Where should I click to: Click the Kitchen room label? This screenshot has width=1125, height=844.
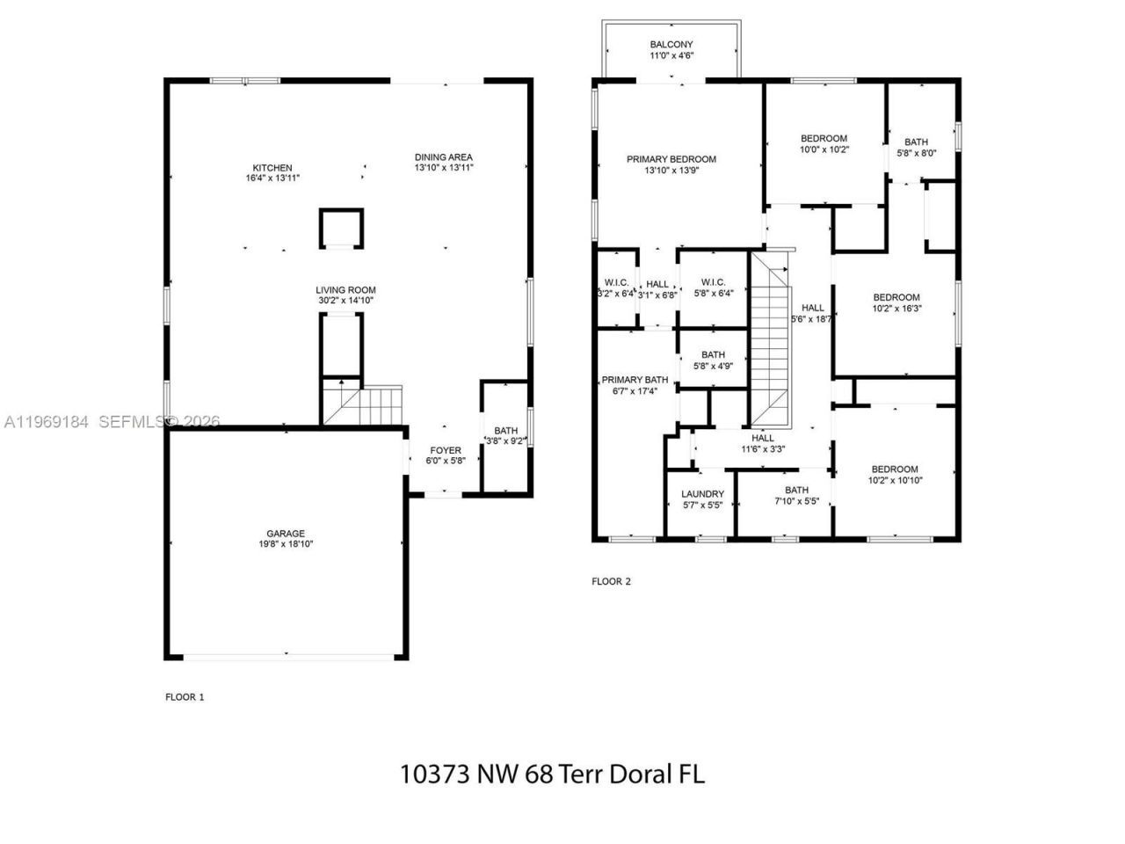(272, 168)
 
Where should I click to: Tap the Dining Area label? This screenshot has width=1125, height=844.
(443, 157)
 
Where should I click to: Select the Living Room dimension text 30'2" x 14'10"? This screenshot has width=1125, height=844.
(345, 301)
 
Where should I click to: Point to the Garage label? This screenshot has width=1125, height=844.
(286, 533)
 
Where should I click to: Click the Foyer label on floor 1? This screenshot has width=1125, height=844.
(445, 450)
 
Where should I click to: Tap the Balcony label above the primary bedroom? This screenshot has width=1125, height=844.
(671, 45)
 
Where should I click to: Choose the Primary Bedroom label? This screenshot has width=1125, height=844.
(671, 159)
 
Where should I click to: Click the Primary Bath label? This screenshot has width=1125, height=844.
(635, 380)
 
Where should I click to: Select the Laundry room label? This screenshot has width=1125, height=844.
(702, 494)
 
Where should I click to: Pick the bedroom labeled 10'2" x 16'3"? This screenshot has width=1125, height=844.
(896, 297)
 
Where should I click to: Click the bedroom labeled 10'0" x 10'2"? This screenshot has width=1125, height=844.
(824, 138)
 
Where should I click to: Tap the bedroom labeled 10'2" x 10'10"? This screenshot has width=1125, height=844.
(895, 469)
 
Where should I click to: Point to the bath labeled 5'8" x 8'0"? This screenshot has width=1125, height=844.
(916, 142)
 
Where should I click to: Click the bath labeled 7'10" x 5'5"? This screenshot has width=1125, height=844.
(796, 491)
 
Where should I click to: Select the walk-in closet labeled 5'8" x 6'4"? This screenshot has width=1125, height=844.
(713, 282)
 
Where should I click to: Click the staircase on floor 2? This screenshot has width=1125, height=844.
(771, 338)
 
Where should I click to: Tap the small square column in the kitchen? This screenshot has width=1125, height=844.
(341, 229)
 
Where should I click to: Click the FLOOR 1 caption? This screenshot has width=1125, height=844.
(185, 697)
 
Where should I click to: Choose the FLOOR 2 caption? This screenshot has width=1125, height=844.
(611, 581)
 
